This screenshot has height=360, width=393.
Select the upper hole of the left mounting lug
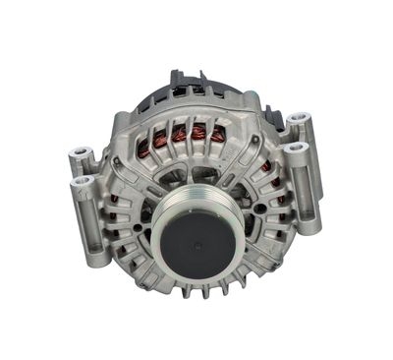[x=79, y=155]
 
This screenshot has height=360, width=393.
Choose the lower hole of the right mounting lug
[x=302, y=149]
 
